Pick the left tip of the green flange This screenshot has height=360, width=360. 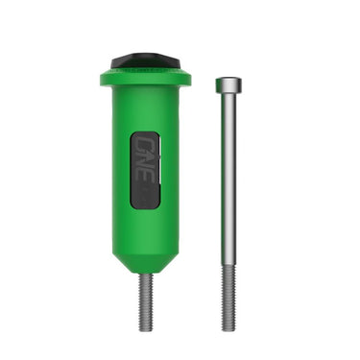(x=100, y=78)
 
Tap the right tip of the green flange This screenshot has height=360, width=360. (x=189, y=78)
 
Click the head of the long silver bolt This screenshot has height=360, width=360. (x=228, y=84)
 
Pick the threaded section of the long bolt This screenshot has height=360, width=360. (x=228, y=298)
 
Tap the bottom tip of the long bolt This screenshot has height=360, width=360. (x=228, y=328)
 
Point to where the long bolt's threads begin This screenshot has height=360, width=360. (x=228, y=266)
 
